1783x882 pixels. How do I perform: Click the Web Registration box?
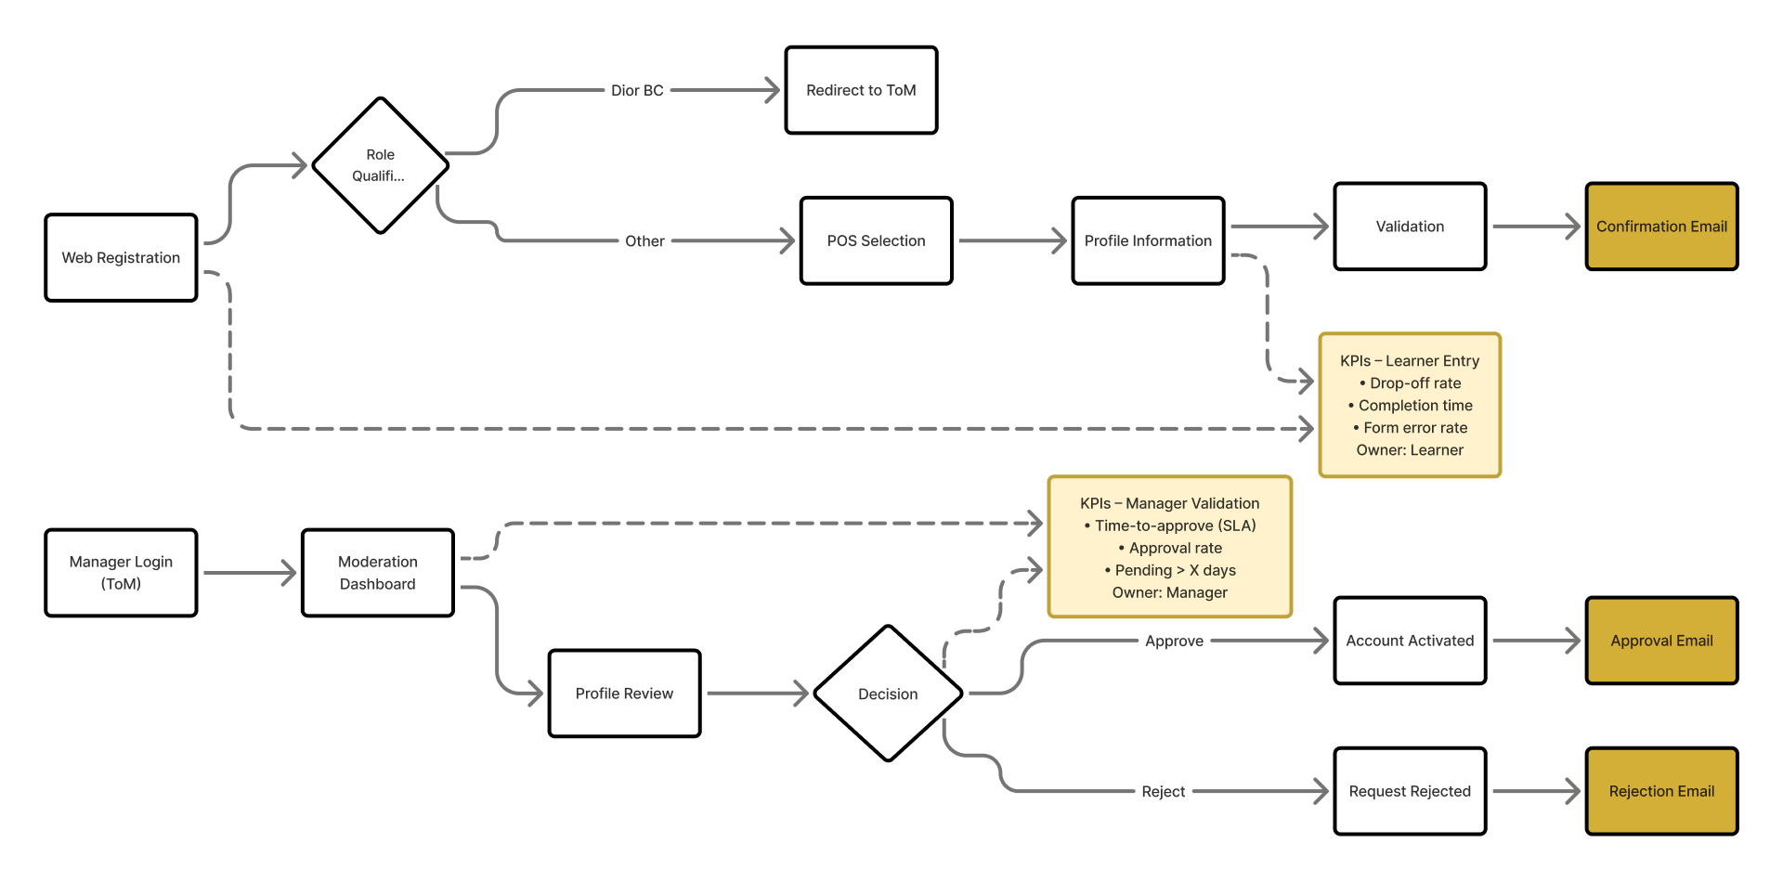[x=121, y=257]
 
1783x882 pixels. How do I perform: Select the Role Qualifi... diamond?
[x=380, y=165]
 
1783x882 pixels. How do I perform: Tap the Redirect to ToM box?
[x=861, y=90]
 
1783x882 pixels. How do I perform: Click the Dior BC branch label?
[x=637, y=90]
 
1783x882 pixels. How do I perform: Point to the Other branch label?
[x=644, y=240]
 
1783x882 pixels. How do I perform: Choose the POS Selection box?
[x=876, y=240]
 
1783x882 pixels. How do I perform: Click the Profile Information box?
[x=1148, y=240]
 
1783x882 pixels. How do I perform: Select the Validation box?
[x=1410, y=227]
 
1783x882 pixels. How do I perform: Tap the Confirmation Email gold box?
[x=1661, y=227]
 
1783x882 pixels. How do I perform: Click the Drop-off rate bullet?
[x=1410, y=383]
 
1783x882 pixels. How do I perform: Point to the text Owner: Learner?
[x=1410, y=450]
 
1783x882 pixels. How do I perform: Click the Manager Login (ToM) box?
[x=121, y=573]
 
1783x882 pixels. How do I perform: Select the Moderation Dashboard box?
[x=377, y=573]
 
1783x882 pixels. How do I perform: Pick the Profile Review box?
[x=624, y=694]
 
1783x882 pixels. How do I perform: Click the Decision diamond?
[x=888, y=694]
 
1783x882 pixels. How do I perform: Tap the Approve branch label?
[x=1174, y=641]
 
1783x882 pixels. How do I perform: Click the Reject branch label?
[x=1163, y=791]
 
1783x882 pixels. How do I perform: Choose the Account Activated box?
[x=1410, y=641]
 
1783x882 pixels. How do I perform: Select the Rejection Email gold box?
[x=1661, y=791]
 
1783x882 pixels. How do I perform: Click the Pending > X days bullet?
[x=1170, y=570]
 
